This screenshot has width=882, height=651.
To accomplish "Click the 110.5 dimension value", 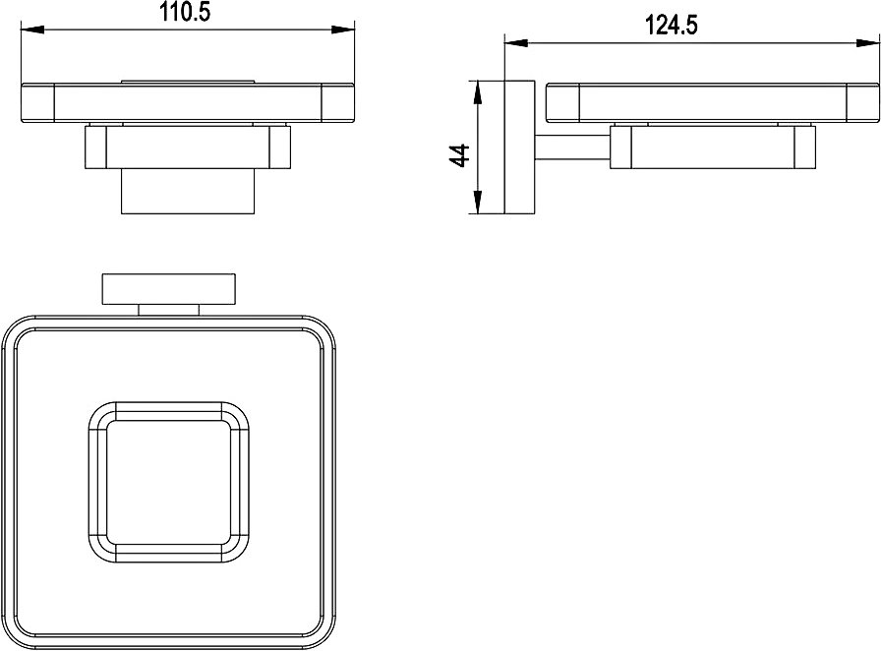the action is tap(185, 12).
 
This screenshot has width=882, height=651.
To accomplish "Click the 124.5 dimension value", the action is tap(671, 26).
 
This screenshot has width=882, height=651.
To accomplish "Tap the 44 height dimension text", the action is tap(460, 155).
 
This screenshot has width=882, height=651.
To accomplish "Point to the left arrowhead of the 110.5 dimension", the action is tap(32, 30).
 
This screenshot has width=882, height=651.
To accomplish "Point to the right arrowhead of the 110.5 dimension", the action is tap(343, 30).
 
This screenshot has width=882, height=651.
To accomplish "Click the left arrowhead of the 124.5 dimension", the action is tap(517, 42).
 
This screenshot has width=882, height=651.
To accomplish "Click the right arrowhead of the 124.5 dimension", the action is tap(868, 42).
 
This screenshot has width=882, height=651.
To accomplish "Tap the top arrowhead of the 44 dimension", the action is tap(477, 92).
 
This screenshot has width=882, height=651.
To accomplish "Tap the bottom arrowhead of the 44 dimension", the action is tap(477, 203).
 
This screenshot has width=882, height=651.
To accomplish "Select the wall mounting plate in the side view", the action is tap(520, 148).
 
